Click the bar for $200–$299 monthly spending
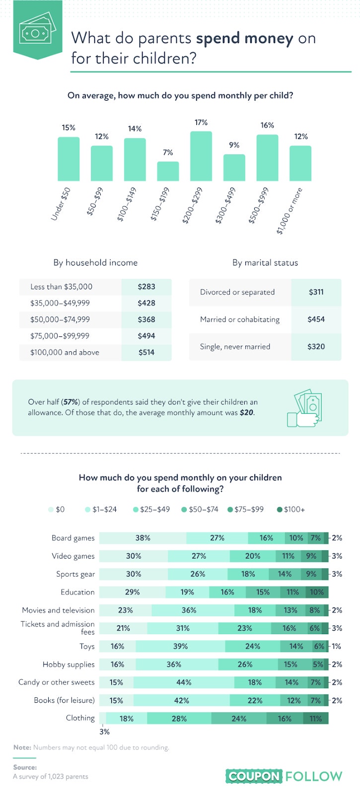click(x=201, y=156)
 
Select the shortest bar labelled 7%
click(x=168, y=171)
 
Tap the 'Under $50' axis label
click(x=61, y=204)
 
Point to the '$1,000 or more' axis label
click(x=289, y=210)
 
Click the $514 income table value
click(x=146, y=352)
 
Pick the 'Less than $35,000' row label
click(x=62, y=286)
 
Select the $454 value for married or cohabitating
click(x=316, y=319)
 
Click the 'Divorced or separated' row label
click(x=237, y=292)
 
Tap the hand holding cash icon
click(x=304, y=408)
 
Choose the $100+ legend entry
click(x=291, y=509)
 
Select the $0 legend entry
click(x=57, y=509)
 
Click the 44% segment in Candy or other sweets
click(x=184, y=682)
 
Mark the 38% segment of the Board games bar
click(x=143, y=538)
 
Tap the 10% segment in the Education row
click(x=317, y=592)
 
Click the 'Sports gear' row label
click(x=75, y=574)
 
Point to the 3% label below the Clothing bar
click(x=105, y=731)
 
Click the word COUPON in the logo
click(x=254, y=776)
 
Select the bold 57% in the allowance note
click(x=71, y=402)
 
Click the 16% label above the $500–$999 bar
click(x=267, y=125)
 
